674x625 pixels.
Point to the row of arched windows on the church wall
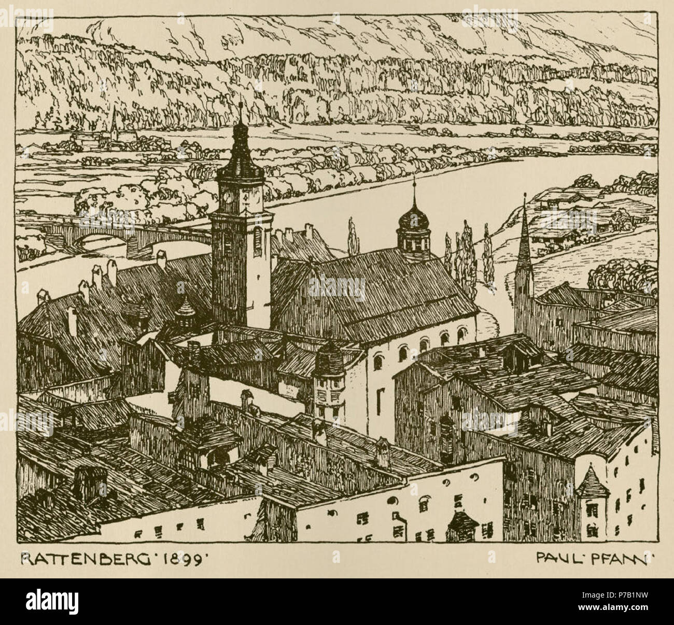click(415, 347)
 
